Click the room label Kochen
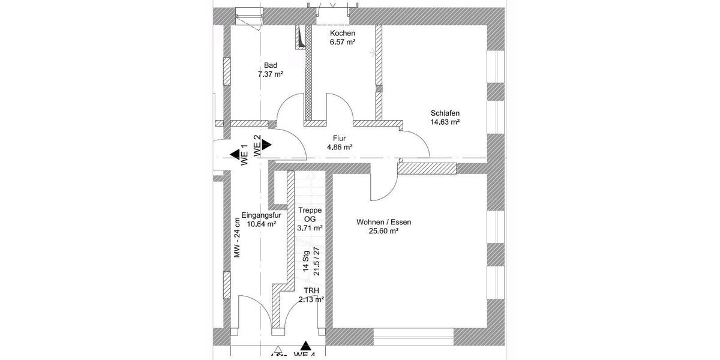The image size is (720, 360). coord(343,34)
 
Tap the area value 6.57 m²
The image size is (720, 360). coord(343,43)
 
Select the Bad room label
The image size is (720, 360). coord(270,66)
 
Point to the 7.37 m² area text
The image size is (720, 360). coord(270,75)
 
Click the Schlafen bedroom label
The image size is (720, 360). coord(445,113)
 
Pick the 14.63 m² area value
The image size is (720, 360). coord(445,122)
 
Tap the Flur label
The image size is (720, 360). coord(339,137)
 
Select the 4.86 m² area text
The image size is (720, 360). coord(339,147)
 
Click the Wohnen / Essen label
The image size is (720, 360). coord(383,221)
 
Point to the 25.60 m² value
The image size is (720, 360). coord(383,230)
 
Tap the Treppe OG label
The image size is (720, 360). coord(310,215)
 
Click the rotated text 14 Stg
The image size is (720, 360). coord(306,262)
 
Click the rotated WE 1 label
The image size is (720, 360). coord(244,155)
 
